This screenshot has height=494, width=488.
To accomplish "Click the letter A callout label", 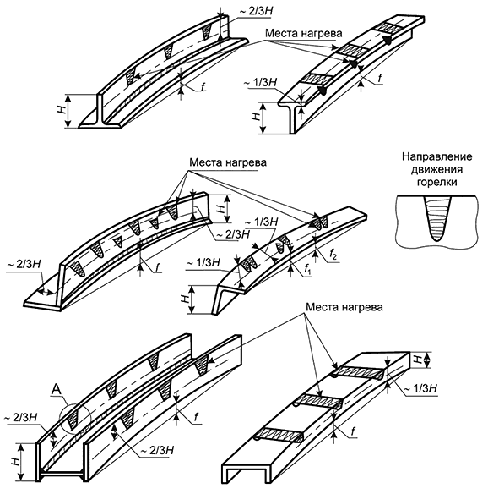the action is click(57, 390).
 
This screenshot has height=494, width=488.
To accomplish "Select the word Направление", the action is click(436, 157).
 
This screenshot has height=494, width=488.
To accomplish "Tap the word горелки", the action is click(436, 183).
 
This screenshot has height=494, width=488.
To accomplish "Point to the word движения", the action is click(436, 170).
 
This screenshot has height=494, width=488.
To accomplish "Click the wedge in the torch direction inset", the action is click(436, 218).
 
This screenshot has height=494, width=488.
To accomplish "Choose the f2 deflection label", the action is click(333, 255).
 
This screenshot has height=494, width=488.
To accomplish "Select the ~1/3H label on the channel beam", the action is click(420, 388).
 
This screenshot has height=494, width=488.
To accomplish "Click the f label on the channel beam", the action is click(353, 431).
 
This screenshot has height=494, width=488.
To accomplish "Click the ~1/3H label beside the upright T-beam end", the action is click(260, 83).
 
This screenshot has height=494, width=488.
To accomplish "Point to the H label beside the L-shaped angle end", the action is click(185, 299).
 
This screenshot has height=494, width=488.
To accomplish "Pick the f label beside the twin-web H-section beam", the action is click(197, 417).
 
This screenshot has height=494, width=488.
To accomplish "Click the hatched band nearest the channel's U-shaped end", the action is click(279, 434).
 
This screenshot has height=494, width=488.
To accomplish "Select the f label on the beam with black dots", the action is click(380, 78).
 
